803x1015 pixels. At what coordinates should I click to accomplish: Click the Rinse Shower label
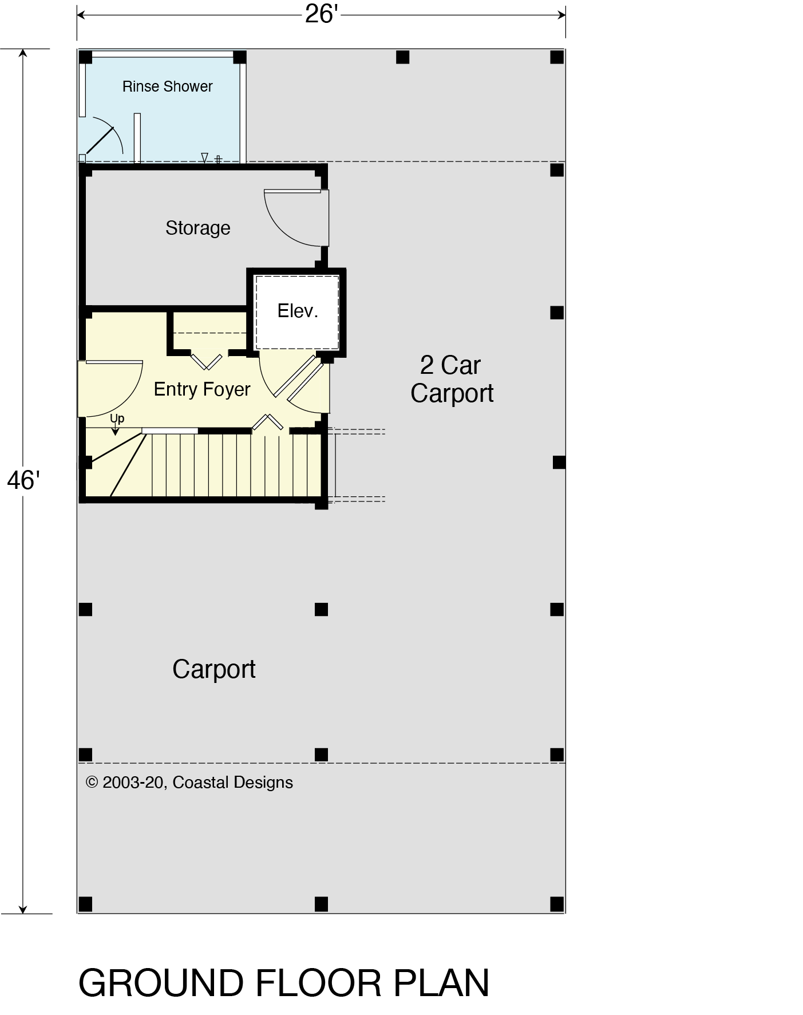tap(167, 86)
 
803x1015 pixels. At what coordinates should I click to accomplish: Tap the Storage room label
tap(197, 228)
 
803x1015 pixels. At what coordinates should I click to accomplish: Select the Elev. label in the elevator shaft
tap(297, 311)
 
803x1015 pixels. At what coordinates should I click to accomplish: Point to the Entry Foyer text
tap(202, 389)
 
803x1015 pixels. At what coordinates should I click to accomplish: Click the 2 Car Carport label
tap(452, 379)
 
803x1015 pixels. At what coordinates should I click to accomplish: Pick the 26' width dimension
tap(322, 14)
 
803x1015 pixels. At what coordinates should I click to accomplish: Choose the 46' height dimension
tap(22, 481)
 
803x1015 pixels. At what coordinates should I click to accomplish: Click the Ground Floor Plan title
tap(283, 983)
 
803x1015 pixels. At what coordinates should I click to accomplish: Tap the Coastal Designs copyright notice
tap(189, 783)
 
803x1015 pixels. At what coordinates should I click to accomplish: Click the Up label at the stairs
tap(117, 418)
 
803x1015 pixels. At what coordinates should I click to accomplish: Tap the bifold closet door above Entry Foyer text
tap(206, 362)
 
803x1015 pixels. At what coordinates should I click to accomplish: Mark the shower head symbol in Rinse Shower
tap(204, 157)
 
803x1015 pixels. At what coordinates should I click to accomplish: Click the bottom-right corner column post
tap(557, 904)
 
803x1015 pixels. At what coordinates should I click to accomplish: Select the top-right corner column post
tap(557, 57)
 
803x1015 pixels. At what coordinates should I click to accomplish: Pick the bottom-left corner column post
tap(85, 904)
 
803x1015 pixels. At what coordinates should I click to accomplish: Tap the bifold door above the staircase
tap(268, 421)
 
